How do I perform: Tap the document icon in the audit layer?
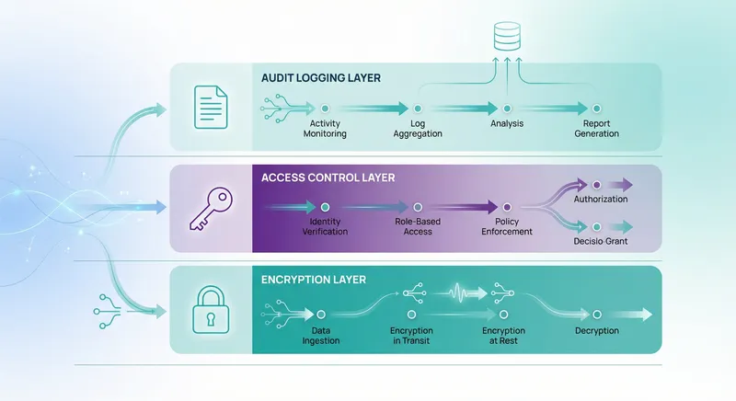211,108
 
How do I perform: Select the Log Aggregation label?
419,129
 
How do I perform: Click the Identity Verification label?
326,226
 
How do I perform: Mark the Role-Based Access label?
417,226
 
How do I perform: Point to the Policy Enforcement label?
506,226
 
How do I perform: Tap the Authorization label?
601,199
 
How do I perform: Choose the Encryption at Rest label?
503,336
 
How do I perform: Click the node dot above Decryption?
596,314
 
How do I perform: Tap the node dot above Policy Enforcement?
505,208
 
